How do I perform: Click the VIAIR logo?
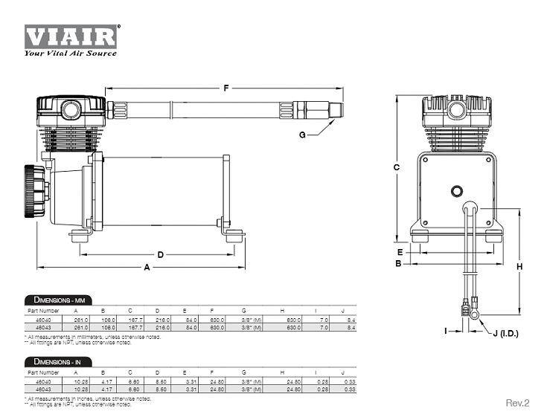coord(71,36)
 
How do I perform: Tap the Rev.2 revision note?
coord(516,403)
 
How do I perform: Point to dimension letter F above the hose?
coord(226,88)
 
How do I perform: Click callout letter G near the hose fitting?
coord(302,135)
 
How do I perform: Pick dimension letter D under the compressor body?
coord(160,254)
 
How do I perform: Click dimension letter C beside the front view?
coord(397,167)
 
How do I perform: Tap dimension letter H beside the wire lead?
coord(519,266)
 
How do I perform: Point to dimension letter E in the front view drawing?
coord(400,251)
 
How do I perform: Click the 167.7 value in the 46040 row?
coord(129,318)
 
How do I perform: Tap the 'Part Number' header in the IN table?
coord(43,372)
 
